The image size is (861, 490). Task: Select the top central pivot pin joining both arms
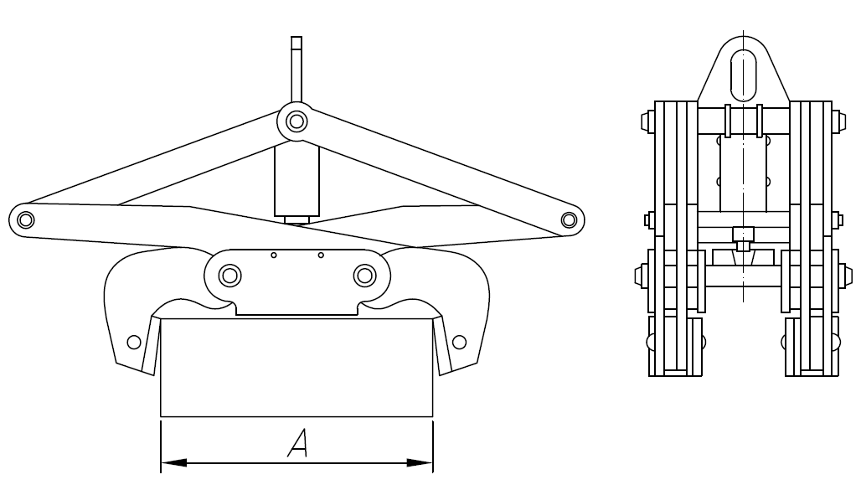pyautogui.click(x=296, y=122)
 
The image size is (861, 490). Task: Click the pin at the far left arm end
pyautogui.click(x=25, y=220)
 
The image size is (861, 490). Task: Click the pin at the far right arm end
pyautogui.click(x=569, y=220)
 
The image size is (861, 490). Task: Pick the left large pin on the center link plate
pyautogui.click(x=229, y=275)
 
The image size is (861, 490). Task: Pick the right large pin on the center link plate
pyautogui.click(x=363, y=275)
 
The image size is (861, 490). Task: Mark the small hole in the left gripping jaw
pyautogui.click(x=133, y=342)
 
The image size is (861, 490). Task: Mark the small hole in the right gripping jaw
pyautogui.click(x=459, y=342)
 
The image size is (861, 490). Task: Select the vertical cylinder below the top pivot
pyautogui.click(x=296, y=180)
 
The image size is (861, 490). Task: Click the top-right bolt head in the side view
pyautogui.click(x=838, y=123)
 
